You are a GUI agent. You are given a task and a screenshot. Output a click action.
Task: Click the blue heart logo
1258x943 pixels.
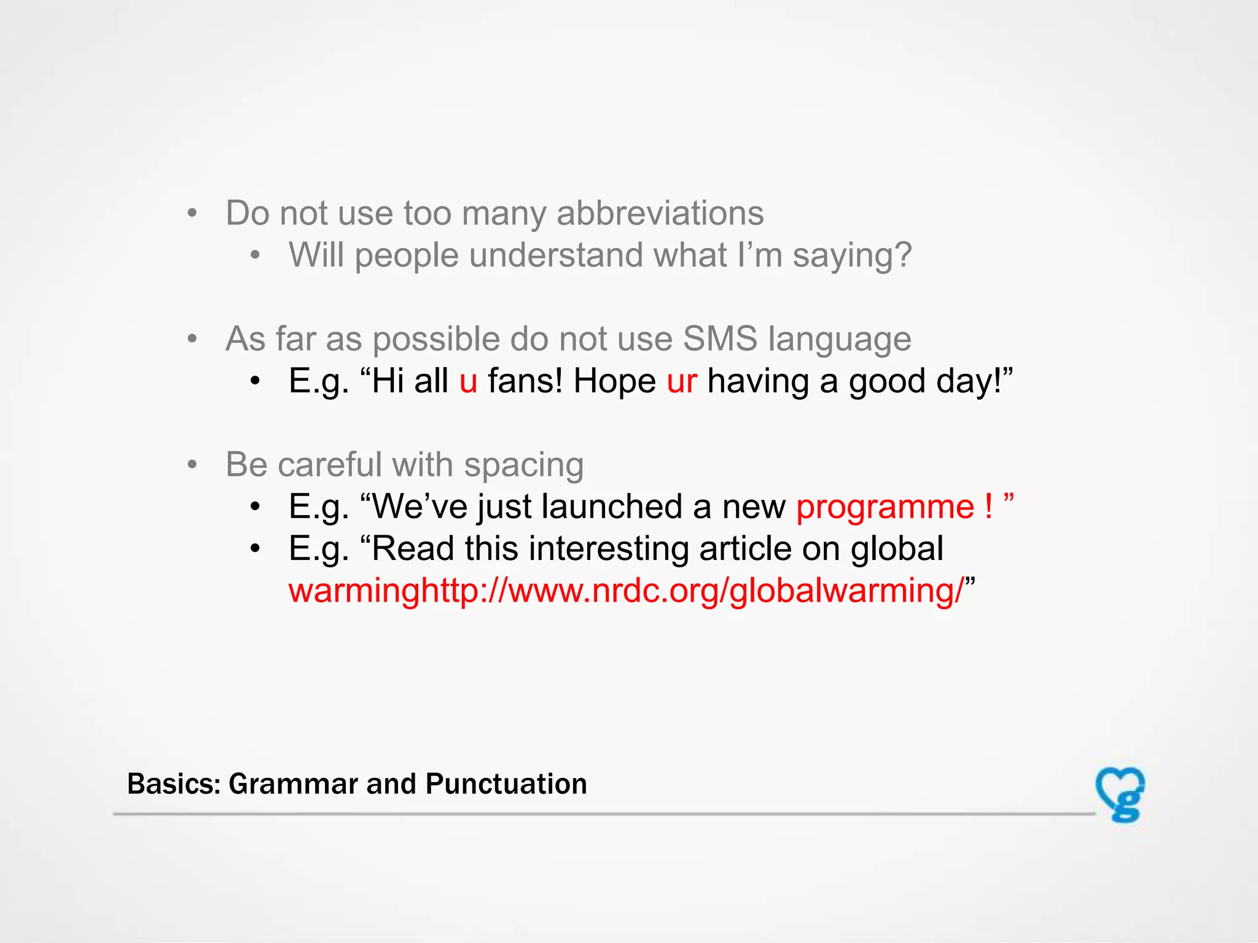coord(1120,793)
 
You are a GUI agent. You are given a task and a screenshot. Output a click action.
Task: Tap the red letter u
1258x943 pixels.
coord(468,382)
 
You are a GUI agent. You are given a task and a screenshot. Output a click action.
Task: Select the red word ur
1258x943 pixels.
coord(681,382)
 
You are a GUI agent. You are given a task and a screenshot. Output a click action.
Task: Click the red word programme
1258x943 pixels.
coord(885,508)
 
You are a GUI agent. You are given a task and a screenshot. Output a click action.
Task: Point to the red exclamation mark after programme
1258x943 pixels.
coord(988,506)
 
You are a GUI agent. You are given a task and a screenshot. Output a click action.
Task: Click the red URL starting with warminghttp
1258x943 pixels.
coord(625,591)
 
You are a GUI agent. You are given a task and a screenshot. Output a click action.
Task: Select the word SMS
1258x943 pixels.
coord(720,339)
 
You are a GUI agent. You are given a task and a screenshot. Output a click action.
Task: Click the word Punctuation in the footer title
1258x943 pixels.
coord(506,784)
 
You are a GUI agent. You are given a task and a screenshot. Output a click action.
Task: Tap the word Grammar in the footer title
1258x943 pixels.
coord(293,784)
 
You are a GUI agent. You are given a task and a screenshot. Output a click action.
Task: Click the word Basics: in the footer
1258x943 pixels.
coord(174,784)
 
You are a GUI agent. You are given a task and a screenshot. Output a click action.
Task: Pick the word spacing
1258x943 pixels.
coord(523,465)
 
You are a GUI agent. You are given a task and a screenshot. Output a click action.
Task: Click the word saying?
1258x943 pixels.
coord(851,255)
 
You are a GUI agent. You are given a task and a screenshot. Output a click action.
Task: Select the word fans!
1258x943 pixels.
coord(525,381)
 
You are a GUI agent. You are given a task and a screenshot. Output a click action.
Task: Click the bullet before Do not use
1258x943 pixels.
coord(192,214)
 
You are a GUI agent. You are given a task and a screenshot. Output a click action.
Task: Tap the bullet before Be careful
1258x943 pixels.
coord(192,465)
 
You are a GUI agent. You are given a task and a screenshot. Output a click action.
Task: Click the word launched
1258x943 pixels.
coord(611,507)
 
